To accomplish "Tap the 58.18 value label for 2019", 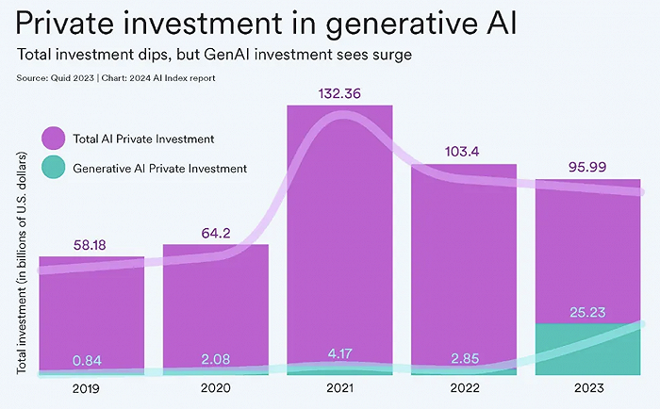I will [91, 245].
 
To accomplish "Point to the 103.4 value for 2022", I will [463, 152].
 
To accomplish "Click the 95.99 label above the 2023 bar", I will [586, 166].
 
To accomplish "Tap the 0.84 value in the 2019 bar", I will [91, 359].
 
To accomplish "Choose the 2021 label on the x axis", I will [339, 388].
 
